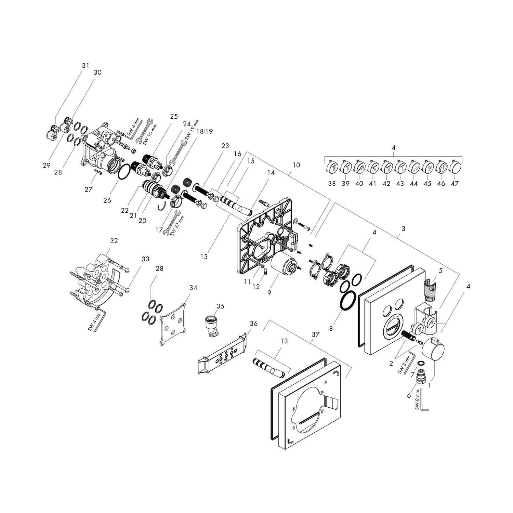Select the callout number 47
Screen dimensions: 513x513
(455, 183)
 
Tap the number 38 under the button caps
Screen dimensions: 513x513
(332, 183)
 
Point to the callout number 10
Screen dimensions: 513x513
(296, 165)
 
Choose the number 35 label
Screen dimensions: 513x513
(221, 306)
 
